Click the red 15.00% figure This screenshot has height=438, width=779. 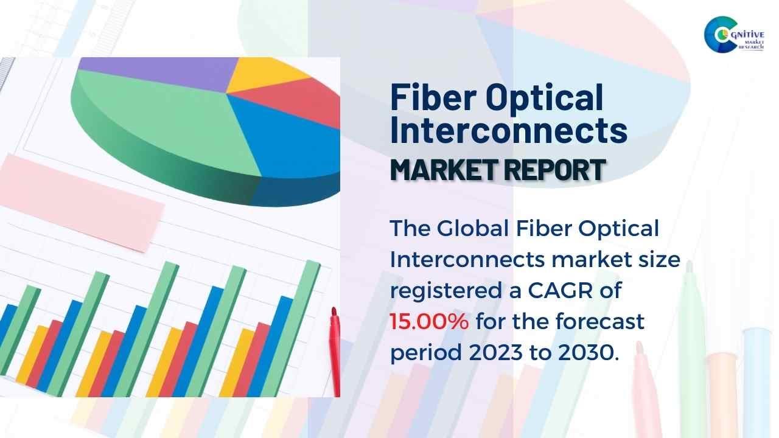[x=429, y=321]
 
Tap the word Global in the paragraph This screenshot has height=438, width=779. [x=473, y=228]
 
